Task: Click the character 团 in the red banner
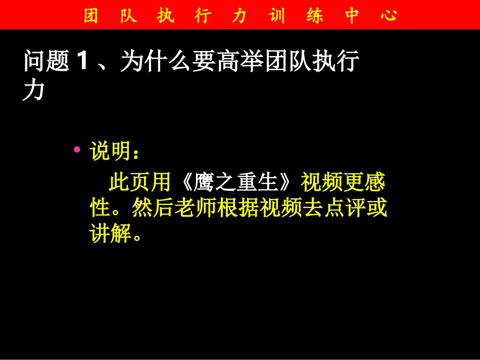90,16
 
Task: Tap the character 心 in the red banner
388,16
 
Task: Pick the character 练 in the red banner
314,16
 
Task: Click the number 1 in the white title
83,63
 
